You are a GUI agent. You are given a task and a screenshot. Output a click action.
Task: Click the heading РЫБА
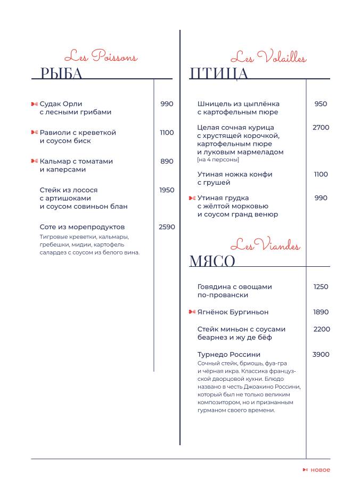(62, 73)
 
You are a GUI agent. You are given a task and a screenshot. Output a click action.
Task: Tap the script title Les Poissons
(101, 56)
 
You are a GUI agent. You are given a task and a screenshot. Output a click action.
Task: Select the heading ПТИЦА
(219, 73)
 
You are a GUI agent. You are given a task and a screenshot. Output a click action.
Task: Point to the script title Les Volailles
(268, 57)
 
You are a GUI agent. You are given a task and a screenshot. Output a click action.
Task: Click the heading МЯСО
(212, 261)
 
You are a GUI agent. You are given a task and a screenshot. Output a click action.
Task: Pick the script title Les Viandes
(265, 245)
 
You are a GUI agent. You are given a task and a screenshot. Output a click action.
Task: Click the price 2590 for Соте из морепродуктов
(167, 227)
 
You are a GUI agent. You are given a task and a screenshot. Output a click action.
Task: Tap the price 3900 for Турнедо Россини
(321, 355)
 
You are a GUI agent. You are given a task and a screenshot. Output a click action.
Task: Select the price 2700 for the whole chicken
(321, 128)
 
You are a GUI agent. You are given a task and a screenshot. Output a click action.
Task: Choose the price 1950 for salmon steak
(167, 190)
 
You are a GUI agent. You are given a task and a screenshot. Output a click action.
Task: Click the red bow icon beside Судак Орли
(35, 104)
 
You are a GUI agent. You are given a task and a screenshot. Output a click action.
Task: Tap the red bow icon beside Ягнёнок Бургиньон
(192, 312)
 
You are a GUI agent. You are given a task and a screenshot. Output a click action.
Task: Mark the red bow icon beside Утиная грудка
(192, 198)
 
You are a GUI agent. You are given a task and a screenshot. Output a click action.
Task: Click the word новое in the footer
(320, 470)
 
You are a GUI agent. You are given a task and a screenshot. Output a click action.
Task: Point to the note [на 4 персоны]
(218, 160)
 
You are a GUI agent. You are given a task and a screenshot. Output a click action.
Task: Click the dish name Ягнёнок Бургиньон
(233, 312)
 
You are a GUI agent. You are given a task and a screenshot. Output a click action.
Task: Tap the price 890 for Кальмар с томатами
(167, 161)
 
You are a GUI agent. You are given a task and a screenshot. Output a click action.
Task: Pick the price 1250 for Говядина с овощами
(321, 287)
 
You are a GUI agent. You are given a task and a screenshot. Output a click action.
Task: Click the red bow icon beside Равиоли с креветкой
(35, 133)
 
